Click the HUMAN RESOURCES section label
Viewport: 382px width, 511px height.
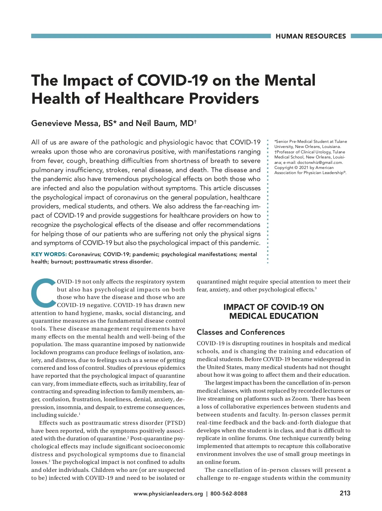click(310, 36)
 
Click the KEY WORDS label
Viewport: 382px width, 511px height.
click(49, 254)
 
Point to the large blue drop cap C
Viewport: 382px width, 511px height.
click(43, 293)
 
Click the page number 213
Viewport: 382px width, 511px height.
click(345, 493)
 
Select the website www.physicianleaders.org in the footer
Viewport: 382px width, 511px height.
click(168, 493)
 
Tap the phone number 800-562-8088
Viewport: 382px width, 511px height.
click(229, 493)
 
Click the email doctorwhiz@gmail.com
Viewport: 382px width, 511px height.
click(320, 162)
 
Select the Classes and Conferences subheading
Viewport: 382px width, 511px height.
click(241, 332)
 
